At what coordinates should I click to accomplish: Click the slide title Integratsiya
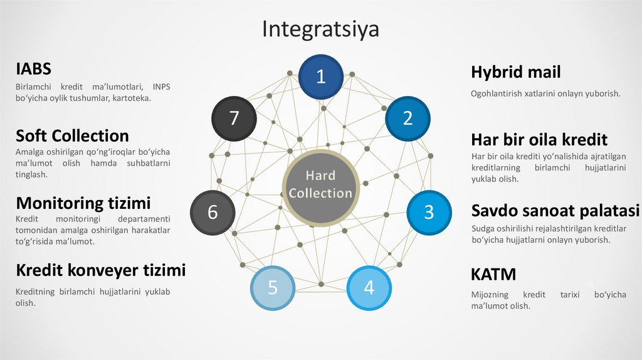(x=320, y=29)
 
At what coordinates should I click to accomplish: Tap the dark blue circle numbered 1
(x=320, y=77)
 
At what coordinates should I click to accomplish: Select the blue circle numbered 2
(x=408, y=118)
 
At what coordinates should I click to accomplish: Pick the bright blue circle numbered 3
(x=429, y=212)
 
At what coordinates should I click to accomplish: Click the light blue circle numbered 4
(x=369, y=288)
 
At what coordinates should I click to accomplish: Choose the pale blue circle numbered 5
(x=273, y=288)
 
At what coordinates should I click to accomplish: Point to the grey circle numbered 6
(x=213, y=213)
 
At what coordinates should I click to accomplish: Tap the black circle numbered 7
(x=234, y=118)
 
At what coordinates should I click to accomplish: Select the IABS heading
(x=33, y=69)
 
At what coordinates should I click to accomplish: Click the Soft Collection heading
(x=72, y=136)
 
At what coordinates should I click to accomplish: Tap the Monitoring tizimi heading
(x=83, y=203)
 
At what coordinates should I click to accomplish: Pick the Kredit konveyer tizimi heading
(x=100, y=270)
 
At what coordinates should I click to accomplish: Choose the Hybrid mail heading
(x=515, y=72)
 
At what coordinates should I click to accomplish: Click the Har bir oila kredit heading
(x=539, y=139)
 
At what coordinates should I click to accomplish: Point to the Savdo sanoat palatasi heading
(x=555, y=210)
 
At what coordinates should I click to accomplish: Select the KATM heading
(x=493, y=274)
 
